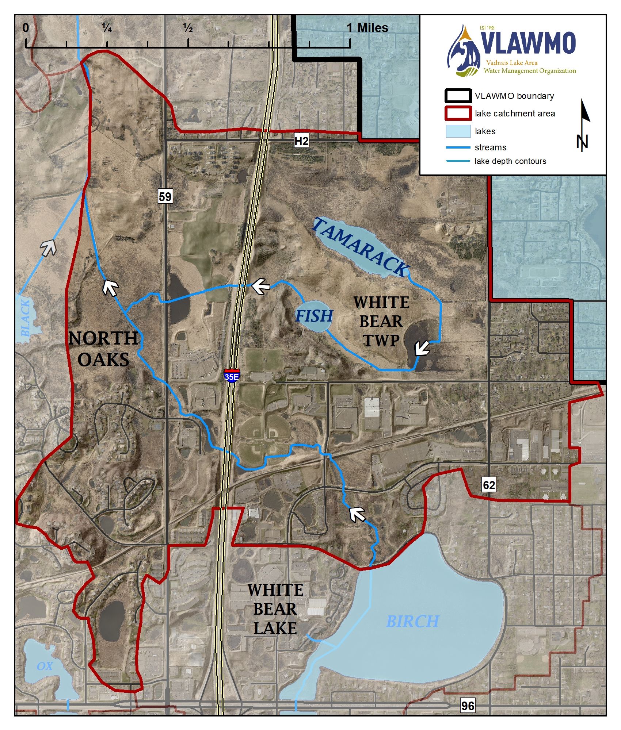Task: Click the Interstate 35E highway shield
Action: pos(232,376)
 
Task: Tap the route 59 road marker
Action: pos(165,197)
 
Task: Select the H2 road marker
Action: pos(301,141)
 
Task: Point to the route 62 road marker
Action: pos(489,485)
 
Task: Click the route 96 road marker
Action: pos(468,706)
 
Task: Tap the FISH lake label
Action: pos(314,316)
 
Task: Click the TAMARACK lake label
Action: pos(361,247)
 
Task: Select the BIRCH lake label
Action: pos(412,621)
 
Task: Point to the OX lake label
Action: pos(45,666)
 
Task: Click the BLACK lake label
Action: pos(25,318)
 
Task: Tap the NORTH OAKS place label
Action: pos(103,349)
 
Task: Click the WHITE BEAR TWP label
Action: pos(381,321)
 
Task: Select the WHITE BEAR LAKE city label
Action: pos(275,609)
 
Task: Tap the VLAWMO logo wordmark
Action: pos(528,43)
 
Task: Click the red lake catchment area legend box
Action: pos(458,113)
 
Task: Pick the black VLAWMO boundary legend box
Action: pos(458,96)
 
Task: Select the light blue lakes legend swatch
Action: pos(458,131)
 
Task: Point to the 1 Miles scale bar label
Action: pos(367,28)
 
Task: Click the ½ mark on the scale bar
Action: pos(188,28)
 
